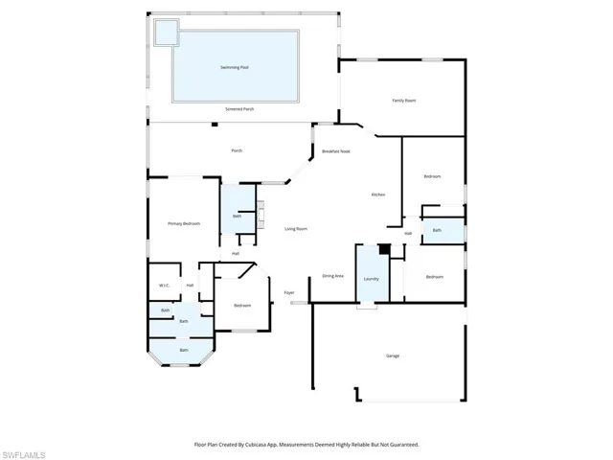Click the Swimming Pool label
click(234, 67)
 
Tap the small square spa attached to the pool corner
click(166, 33)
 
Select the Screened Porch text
click(239, 109)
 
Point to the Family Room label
click(403, 101)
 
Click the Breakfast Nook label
click(335, 151)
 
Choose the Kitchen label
click(378, 195)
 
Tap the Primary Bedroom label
click(184, 223)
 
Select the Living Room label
click(296, 229)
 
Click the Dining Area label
click(332, 276)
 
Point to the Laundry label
click(371, 279)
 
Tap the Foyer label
click(288, 293)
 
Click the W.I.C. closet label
click(164, 286)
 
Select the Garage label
click(393, 356)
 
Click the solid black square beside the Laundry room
click(384, 250)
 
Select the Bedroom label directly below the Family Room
click(433, 176)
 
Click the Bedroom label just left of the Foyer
click(242, 306)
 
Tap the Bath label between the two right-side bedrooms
click(437, 230)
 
